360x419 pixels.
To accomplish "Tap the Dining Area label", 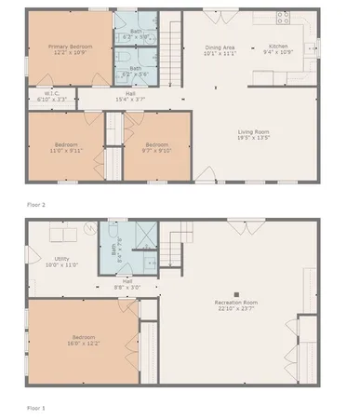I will (220, 50).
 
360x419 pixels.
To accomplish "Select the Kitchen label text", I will (278, 47).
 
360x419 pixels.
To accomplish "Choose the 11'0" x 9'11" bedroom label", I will (66, 147).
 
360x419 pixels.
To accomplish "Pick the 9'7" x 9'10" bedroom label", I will (155, 146).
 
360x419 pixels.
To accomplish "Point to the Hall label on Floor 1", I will (127, 284).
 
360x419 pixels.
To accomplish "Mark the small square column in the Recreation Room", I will (235, 291).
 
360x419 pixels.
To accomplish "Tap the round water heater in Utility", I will (90, 228).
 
